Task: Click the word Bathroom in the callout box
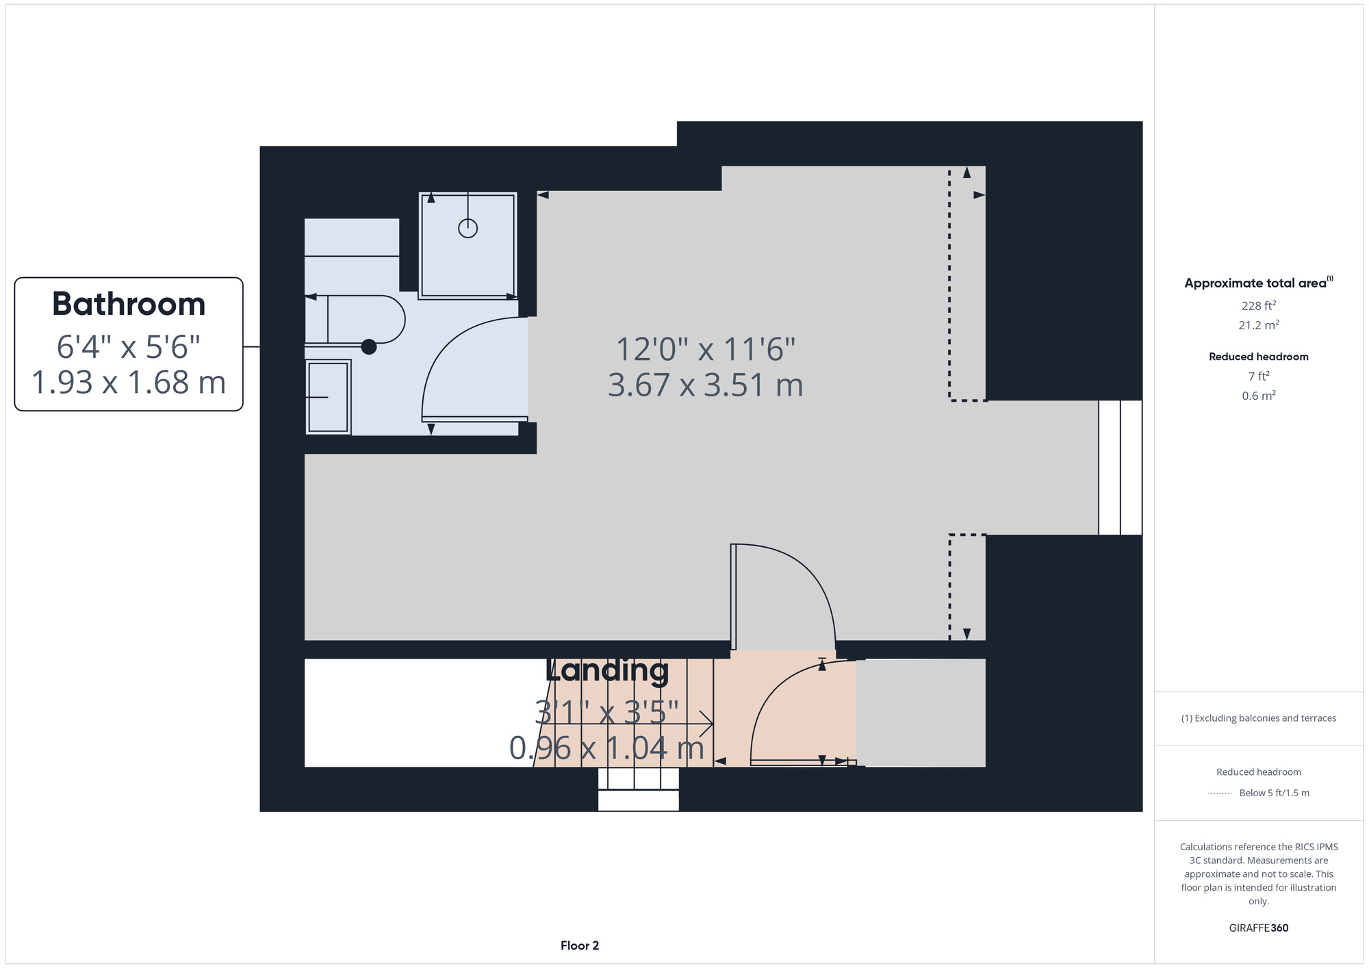click(129, 304)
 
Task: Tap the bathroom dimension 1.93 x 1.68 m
click(129, 382)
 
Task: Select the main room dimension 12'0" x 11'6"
click(706, 349)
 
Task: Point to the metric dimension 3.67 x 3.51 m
click(706, 385)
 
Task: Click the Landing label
click(607, 670)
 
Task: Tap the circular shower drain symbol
click(468, 228)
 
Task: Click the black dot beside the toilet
click(369, 347)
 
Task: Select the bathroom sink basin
click(329, 397)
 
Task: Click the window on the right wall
click(1120, 468)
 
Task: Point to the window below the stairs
click(639, 789)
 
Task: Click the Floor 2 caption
click(580, 945)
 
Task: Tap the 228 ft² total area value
click(1259, 305)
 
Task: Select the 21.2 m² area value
click(1259, 324)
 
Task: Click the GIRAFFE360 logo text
click(1259, 928)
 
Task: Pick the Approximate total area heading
click(1259, 283)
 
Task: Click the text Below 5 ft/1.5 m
click(1274, 793)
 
